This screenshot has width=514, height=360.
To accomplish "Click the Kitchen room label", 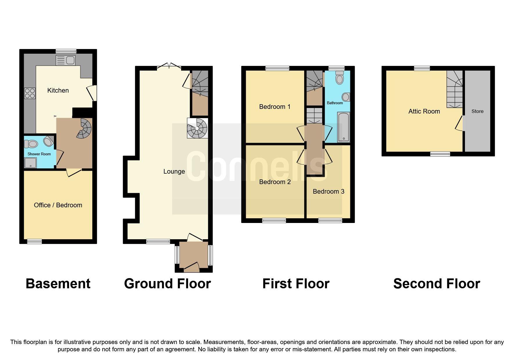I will (58, 91).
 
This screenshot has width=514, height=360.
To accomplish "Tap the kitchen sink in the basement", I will (66, 60).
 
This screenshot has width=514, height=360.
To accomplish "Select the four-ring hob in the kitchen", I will (30, 93).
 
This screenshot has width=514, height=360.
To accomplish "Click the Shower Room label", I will (39, 154).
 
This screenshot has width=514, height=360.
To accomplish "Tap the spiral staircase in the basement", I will (84, 128).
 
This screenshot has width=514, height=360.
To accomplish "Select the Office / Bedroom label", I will (58, 205).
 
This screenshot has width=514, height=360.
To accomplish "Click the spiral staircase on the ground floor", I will (197, 128).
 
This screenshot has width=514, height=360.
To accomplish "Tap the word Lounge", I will (174, 172).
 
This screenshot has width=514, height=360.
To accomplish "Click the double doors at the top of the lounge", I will (169, 66).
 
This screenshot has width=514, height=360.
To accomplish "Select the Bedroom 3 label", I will (329, 192).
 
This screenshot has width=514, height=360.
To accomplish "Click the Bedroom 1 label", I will (275, 107).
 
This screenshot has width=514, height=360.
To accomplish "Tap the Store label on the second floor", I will (477, 111).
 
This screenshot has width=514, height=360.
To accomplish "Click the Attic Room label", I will (424, 111).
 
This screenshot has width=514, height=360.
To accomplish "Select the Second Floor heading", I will (437, 284).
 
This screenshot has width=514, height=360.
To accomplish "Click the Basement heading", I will (58, 284).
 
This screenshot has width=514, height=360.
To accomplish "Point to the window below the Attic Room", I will (440, 154).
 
